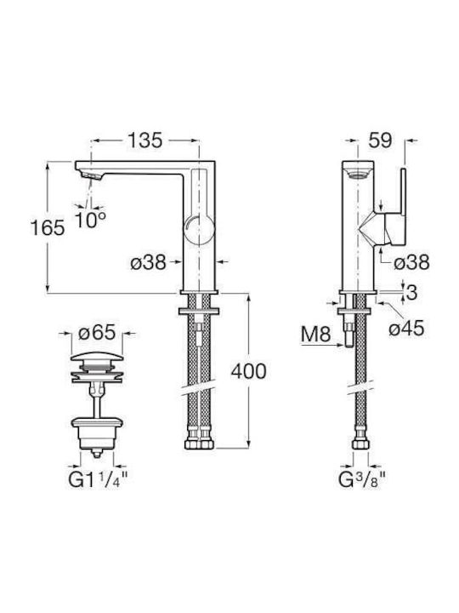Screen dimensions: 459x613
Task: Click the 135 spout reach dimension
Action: (144, 140)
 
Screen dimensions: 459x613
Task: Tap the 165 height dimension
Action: (48, 227)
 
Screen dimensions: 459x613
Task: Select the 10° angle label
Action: (91, 221)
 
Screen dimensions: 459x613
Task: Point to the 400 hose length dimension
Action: (248, 371)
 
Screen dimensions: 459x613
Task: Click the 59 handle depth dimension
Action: (381, 140)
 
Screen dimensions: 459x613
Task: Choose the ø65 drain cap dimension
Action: (97, 333)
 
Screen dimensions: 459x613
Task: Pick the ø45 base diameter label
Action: (406, 329)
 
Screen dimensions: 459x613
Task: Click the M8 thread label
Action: (315, 335)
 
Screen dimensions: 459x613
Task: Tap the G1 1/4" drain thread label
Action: (98, 479)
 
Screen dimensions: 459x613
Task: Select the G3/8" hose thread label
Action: (362, 479)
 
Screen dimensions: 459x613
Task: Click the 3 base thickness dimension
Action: (411, 292)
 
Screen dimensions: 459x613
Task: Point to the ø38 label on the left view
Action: (148, 262)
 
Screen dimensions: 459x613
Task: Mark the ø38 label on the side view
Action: (411, 262)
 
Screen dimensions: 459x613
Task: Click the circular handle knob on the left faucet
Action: (199, 230)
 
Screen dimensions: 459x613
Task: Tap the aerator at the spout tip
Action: (91, 175)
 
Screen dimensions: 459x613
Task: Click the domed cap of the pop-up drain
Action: (97, 358)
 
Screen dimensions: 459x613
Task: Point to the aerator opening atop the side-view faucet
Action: (358, 175)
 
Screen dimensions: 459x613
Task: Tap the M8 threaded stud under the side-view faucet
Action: (349, 333)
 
